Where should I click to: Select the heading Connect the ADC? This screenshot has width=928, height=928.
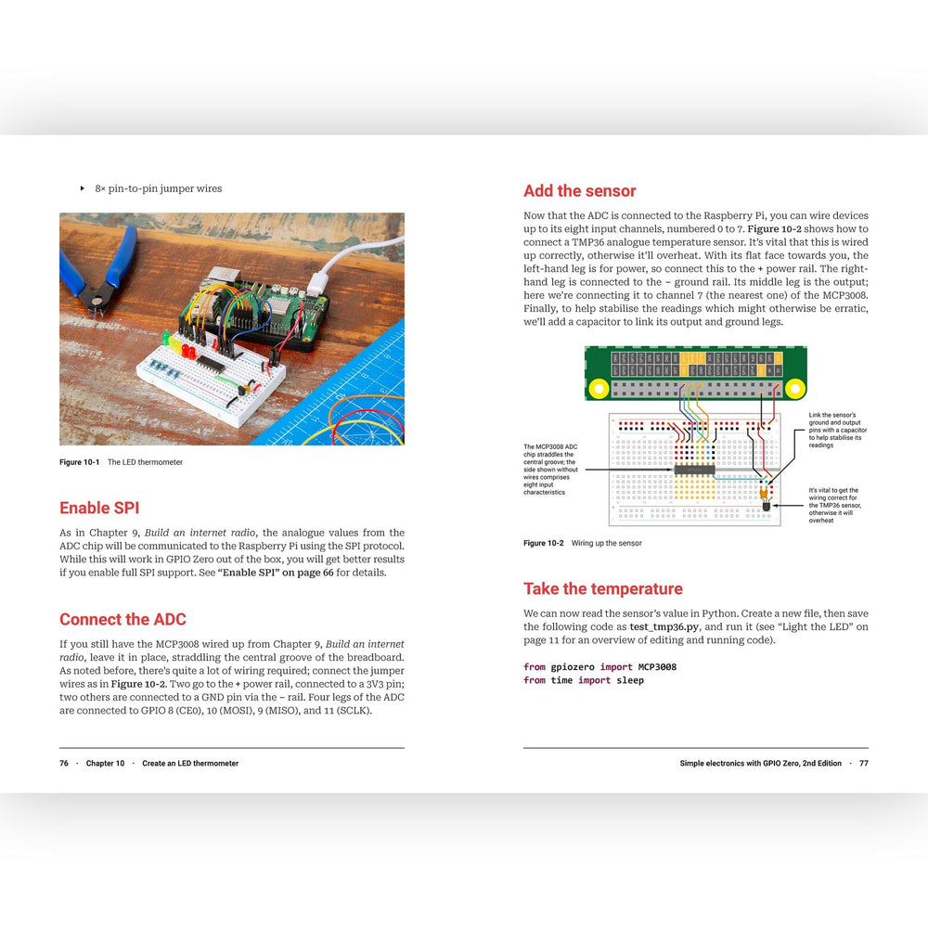[122, 619]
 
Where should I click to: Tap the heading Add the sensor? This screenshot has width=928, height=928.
[579, 191]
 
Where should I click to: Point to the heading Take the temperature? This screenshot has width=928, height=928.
[602, 588]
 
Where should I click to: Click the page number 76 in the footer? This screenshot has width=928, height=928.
[64, 764]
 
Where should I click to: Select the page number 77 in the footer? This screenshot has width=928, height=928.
[863, 764]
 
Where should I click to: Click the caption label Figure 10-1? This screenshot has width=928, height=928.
[80, 462]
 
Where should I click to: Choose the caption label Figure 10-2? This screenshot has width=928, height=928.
[544, 543]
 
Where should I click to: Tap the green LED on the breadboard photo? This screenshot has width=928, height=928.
[165, 338]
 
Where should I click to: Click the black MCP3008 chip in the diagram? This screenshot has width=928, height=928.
[694, 470]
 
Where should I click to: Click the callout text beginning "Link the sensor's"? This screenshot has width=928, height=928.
[838, 430]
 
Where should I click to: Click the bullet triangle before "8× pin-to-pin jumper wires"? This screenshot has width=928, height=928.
[83, 188]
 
